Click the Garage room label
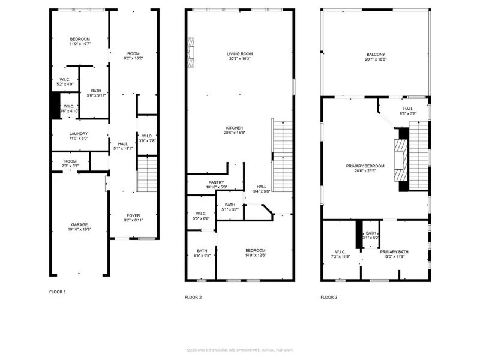click(x=79, y=225)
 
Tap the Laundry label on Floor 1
click(x=79, y=134)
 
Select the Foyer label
click(x=133, y=216)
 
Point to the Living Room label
click(x=239, y=54)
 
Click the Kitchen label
click(x=234, y=128)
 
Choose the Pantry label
click(x=216, y=182)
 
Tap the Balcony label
click(x=376, y=54)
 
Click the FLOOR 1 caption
click(x=58, y=292)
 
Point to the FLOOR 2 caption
click(x=193, y=297)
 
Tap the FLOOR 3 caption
click(x=329, y=297)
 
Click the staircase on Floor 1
click(x=147, y=174)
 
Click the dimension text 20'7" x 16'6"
click(x=376, y=59)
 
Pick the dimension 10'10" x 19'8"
click(x=79, y=230)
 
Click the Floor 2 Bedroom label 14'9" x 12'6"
click(x=255, y=253)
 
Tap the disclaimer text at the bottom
click(x=239, y=350)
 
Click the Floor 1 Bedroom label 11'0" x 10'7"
click(x=79, y=41)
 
